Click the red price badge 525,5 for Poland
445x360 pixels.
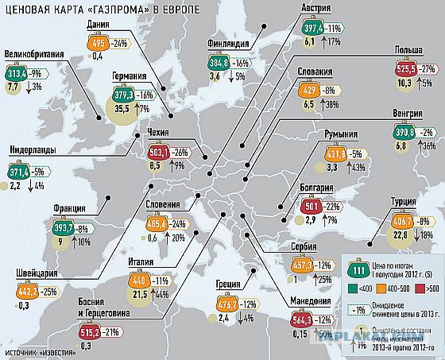click(396, 70)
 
